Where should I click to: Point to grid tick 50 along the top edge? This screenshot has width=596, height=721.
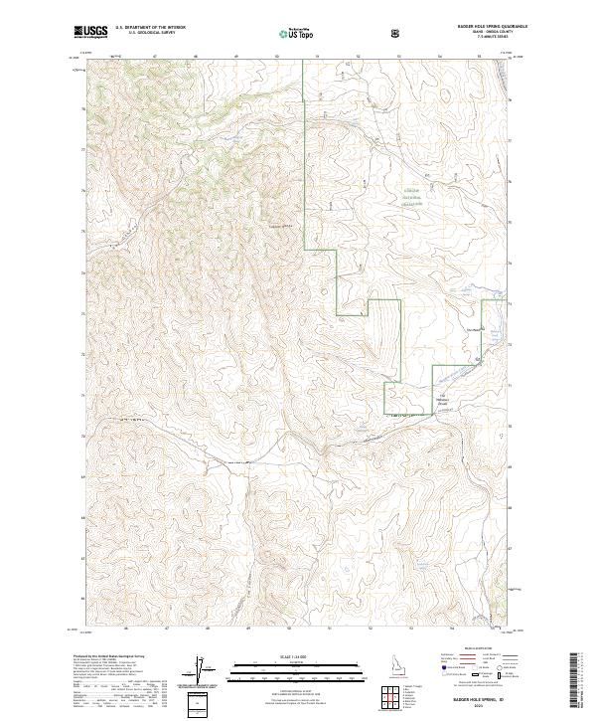pos(276,58)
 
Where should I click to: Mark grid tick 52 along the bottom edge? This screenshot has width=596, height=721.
pos(370,629)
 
